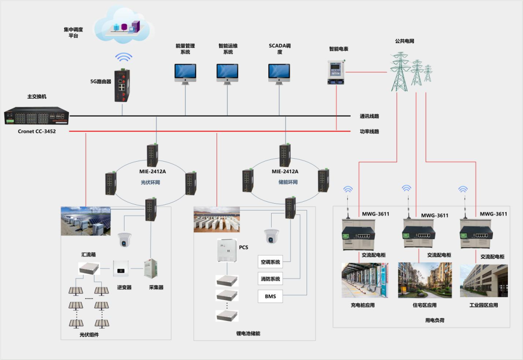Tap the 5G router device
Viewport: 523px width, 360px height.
[x=122, y=86]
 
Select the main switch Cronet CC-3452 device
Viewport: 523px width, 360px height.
[x=37, y=116]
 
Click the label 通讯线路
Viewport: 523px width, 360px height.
[x=369, y=116]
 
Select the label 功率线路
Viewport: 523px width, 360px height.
[x=369, y=131]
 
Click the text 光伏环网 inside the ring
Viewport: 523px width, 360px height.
[x=150, y=182]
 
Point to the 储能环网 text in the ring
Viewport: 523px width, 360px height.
[x=288, y=182]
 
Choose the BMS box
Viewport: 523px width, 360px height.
[x=270, y=296]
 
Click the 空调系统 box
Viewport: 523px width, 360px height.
[x=270, y=262]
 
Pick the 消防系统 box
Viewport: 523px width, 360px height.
[x=270, y=279]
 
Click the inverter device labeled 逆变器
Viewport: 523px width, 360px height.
[x=121, y=269]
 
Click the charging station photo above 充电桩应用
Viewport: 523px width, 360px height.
[x=365, y=280]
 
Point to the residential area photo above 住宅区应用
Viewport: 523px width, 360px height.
[x=425, y=280]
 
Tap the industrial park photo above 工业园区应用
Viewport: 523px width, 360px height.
[x=484, y=281]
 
